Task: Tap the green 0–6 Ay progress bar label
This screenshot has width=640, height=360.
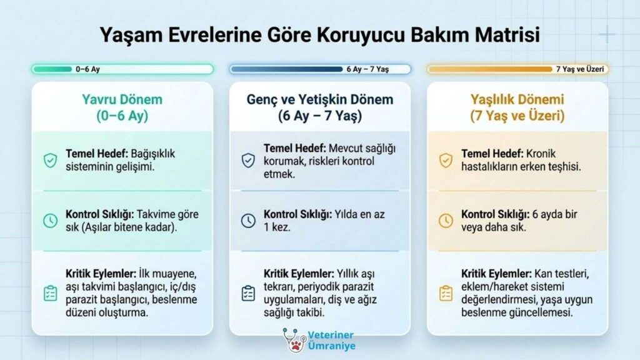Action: [x=87, y=69]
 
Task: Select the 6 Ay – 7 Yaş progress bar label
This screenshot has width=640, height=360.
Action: [x=367, y=69]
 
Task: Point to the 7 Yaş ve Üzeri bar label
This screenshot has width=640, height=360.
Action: [x=580, y=69]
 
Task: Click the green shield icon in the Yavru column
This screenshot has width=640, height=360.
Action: [x=50, y=161]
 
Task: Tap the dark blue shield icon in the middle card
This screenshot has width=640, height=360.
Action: [x=248, y=161]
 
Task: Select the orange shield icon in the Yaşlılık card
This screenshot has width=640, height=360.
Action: [x=446, y=161]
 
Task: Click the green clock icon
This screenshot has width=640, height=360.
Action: [x=50, y=221]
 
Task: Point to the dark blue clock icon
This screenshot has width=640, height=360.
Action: [x=248, y=221]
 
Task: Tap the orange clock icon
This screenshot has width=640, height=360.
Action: [x=446, y=221]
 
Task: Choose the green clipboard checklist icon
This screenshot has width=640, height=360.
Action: [x=50, y=293]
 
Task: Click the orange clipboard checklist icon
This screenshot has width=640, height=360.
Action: [x=446, y=293]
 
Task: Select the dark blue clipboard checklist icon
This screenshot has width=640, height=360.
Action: [x=248, y=293]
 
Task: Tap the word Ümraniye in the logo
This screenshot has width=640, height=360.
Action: [x=331, y=346]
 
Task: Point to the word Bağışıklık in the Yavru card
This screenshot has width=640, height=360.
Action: [x=153, y=154]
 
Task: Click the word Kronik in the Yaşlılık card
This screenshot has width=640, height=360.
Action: [x=541, y=154]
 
